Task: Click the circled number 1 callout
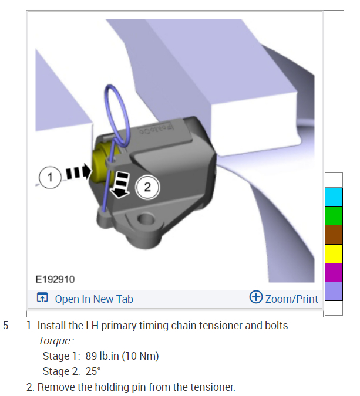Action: pos(50,177)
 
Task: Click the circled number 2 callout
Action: pos(147,187)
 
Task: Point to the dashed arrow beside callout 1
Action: pos(78,172)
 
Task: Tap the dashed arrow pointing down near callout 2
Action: pos(120,185)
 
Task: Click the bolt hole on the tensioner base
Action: pos(146,219)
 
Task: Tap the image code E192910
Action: pos(55,279)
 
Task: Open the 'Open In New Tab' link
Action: pos(94,299)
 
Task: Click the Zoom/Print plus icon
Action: pos(256,296)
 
